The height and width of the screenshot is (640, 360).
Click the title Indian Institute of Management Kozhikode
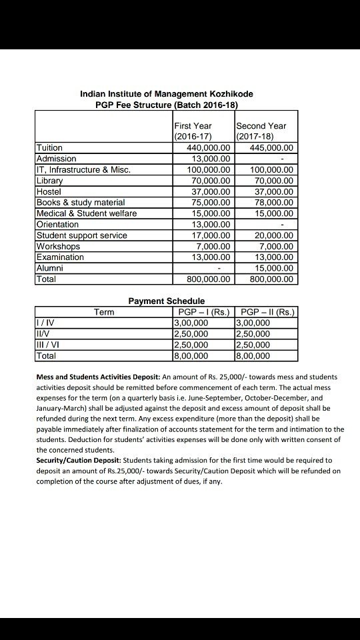click(166, 94)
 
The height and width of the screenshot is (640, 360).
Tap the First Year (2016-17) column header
click(193, 131)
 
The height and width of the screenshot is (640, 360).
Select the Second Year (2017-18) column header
click(261, 131)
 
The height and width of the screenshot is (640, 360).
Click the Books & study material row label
click(81, 203)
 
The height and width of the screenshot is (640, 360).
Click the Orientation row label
click(57, 225)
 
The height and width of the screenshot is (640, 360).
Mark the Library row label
click(50, 181)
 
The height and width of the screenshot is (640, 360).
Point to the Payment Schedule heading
click(166, 301)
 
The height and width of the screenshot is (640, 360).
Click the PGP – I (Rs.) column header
click(204, 312)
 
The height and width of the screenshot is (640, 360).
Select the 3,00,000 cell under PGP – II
click(253, 323)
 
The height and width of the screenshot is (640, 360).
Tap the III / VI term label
click(47, 345)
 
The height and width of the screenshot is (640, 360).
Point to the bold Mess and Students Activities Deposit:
click(97, 377)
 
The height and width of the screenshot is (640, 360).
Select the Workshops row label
click(57, 246)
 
